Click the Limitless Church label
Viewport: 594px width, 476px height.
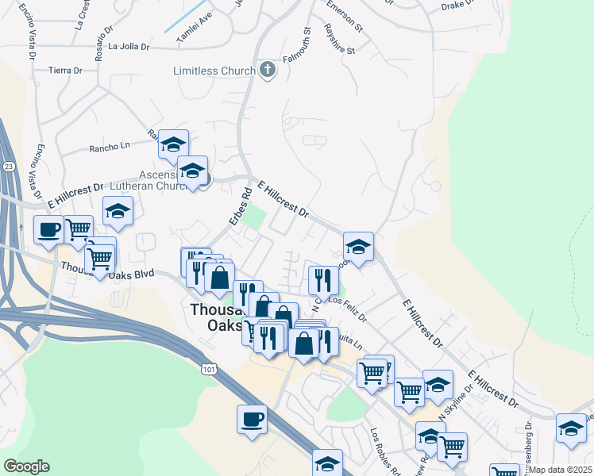[x=214, y=71]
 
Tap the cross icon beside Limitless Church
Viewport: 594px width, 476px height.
[x=268, y=71]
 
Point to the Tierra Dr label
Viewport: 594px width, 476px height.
[x=66, y=71]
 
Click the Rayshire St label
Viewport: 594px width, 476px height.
[x=339, y=39]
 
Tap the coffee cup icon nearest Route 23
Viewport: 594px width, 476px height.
[x=48, y=230]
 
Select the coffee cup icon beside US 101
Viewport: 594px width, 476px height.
[x=252, y=418]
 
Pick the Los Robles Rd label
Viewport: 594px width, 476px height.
[x=386, y=450]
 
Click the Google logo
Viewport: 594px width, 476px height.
[x=26, y=466]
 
